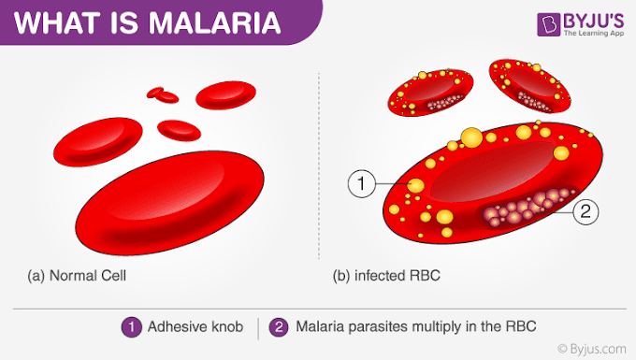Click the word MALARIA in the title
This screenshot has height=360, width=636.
214,22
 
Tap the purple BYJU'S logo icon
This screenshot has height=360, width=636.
549,24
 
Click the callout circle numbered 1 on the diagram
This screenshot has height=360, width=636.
361,183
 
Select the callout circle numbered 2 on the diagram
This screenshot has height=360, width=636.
585,211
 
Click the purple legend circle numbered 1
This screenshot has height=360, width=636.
132,326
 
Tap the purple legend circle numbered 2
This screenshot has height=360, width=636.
279,326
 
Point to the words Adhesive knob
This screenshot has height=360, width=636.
195,326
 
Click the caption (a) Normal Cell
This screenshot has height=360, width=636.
77,276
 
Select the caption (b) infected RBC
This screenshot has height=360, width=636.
386,276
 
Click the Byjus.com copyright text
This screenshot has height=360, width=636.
592,349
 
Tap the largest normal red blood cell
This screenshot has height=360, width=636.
170,203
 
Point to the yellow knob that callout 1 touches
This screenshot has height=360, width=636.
415,186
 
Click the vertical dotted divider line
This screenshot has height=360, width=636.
319,166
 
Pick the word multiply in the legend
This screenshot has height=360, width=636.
437,326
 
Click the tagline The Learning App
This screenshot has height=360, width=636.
594,34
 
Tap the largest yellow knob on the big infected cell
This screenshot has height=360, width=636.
471,137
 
